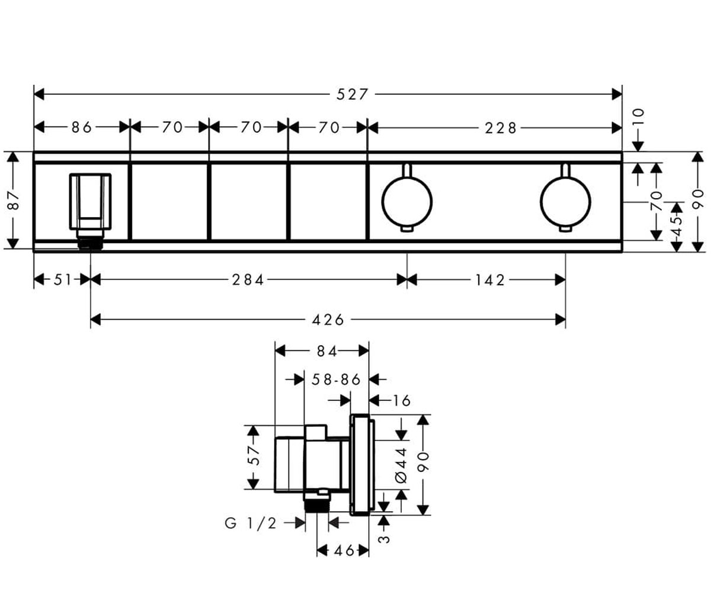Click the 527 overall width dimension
[x=352, y=94]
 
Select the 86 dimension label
[x=82, y=127]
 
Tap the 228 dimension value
[x=501, y=128]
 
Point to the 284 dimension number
[x=248, y=280]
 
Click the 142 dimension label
[x=489, y=280]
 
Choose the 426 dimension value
[x=328, y=320]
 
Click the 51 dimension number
[x=62, y=280]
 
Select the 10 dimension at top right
[x=639, y=117]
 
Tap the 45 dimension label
[x=677, y=227]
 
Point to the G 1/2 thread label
[x=251, y=523]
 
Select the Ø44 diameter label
[x=402, y=465]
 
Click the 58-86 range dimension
[x=336, y=380]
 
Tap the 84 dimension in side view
[x=327, y=352]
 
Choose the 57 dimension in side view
[x=254, y=455]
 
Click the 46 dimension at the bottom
[x=344, y=550]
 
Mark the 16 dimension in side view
[x=402, y=401]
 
